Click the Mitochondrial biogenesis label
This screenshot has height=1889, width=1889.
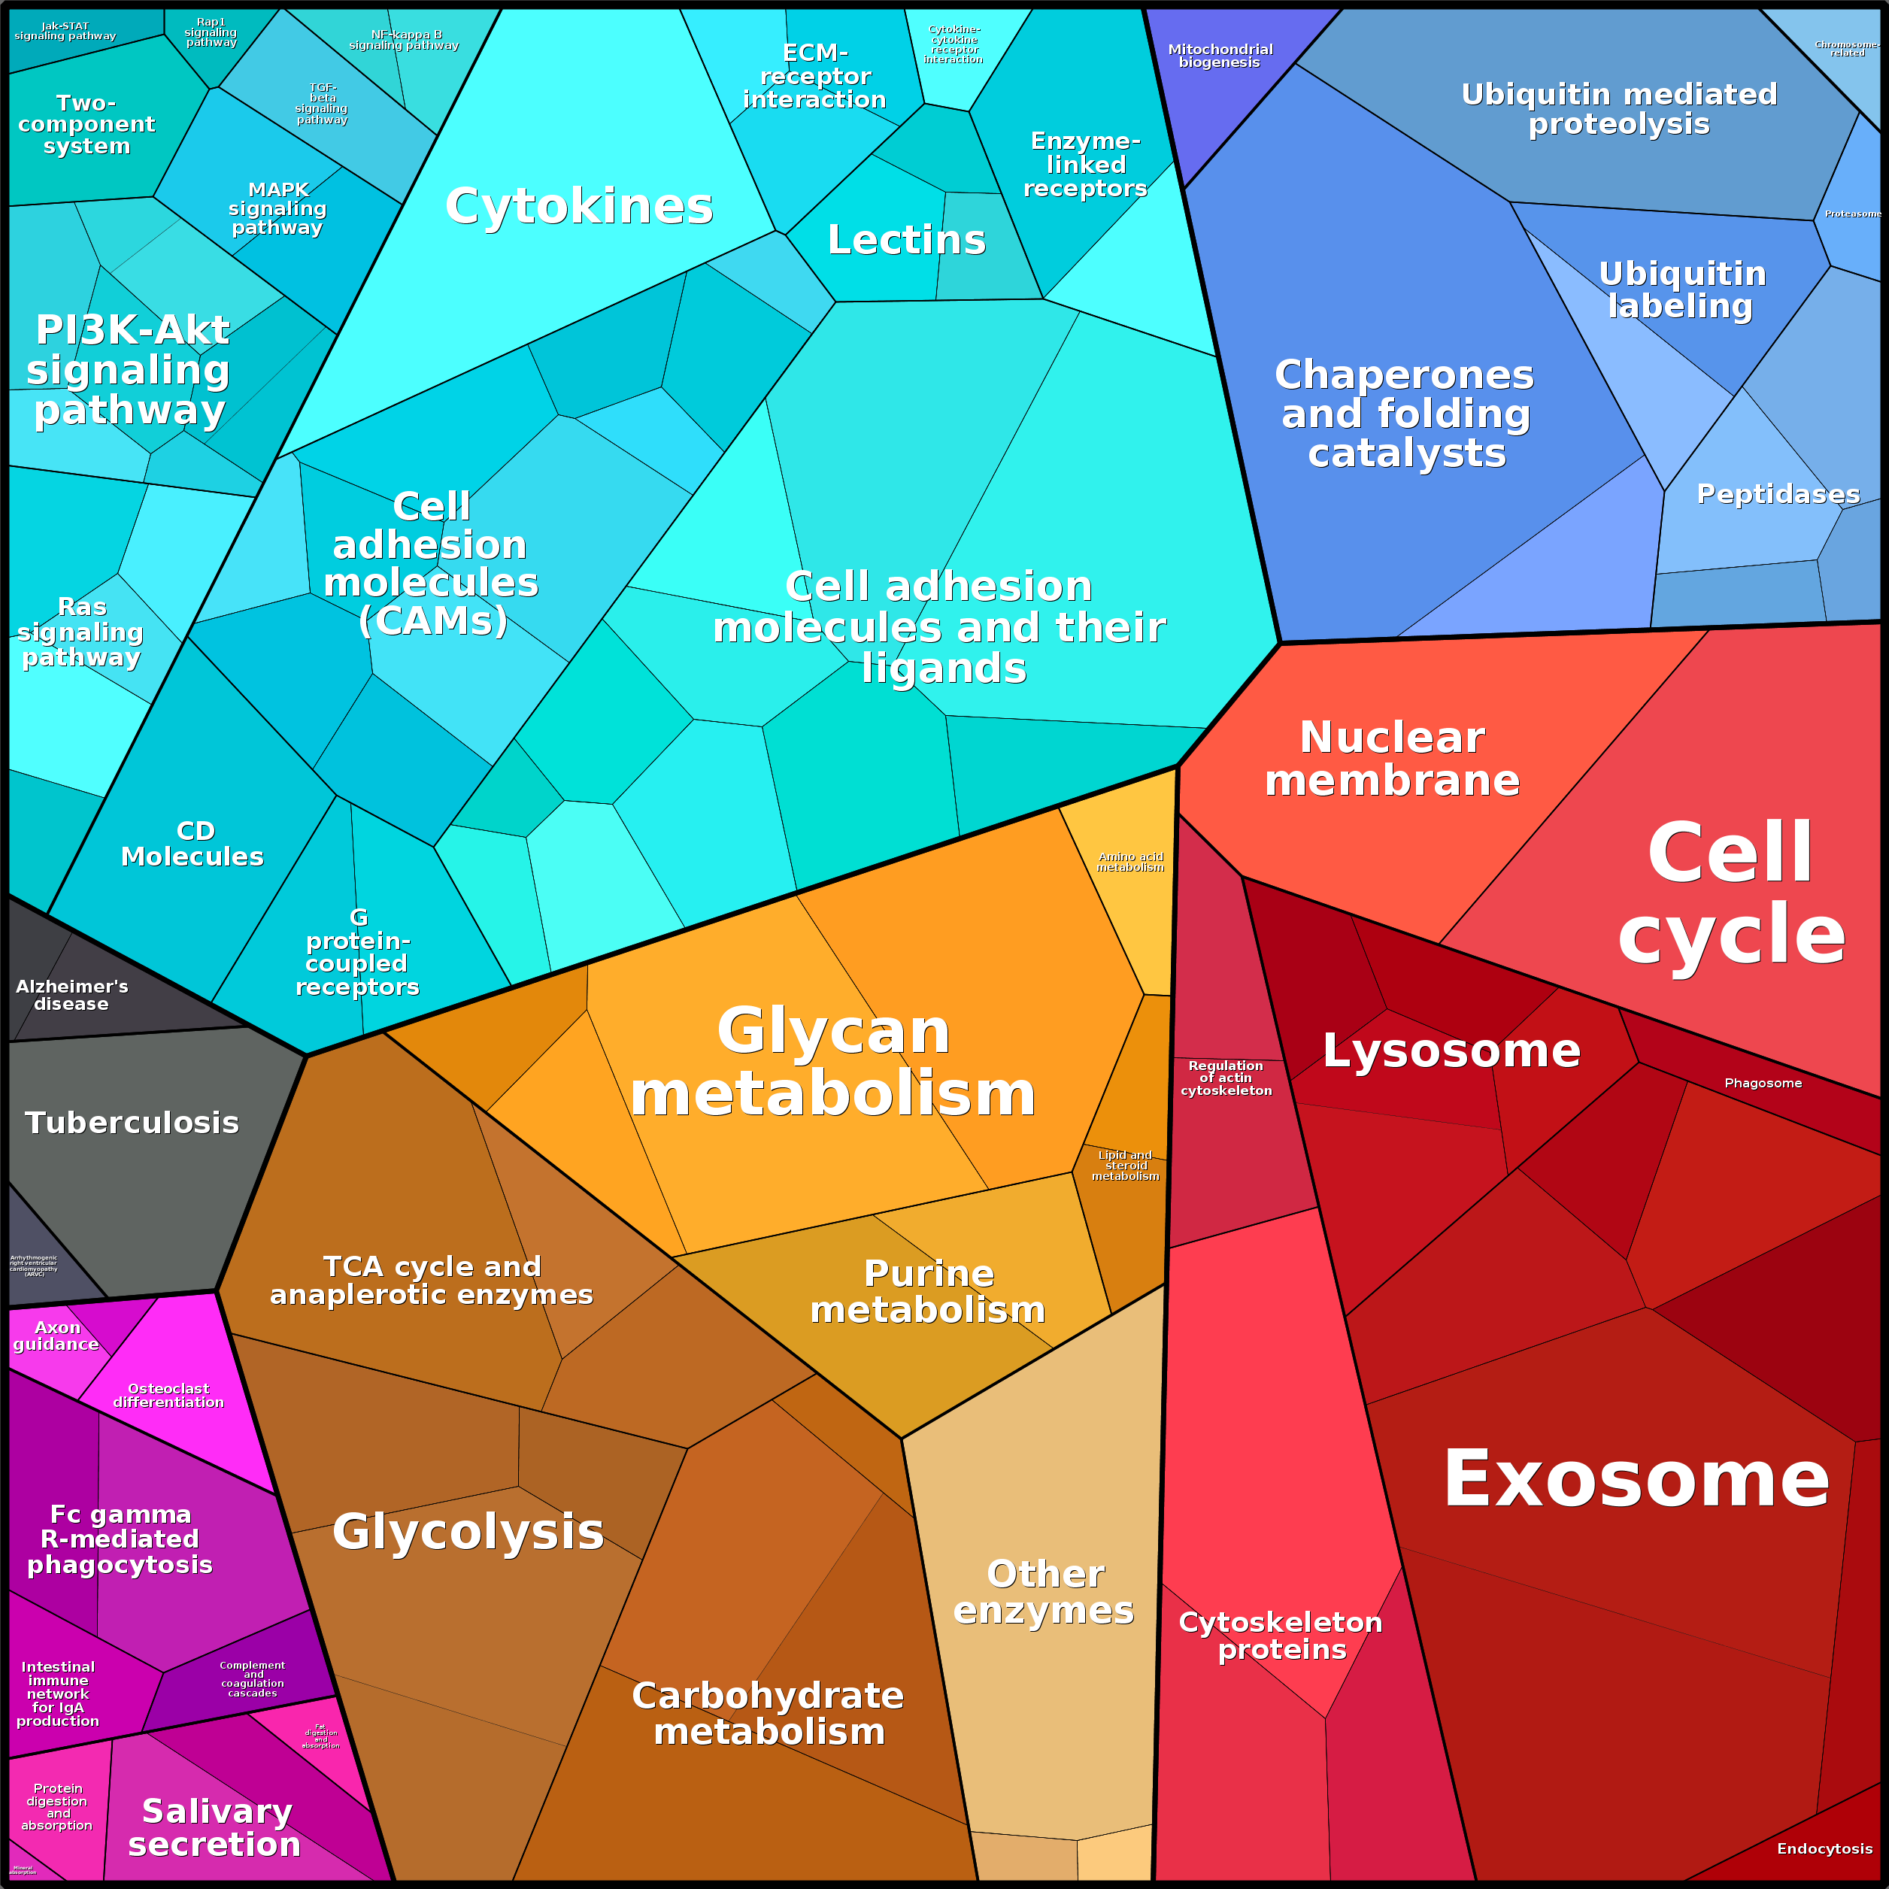1219,56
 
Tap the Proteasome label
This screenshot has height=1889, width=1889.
1852,213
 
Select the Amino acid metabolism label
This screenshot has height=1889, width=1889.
1130,861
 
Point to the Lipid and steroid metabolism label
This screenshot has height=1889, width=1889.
1126,1166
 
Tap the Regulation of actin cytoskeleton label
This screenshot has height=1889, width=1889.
1226,1078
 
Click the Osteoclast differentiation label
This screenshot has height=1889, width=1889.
168,1395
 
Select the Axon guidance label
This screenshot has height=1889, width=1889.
56,1336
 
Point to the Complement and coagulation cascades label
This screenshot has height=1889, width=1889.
252,1678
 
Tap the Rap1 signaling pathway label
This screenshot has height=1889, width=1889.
211,32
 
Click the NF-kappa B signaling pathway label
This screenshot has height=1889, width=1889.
404,40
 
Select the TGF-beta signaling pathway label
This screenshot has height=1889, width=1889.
323,104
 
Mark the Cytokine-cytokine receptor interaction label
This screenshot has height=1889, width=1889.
954,44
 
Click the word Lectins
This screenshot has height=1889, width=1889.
906,240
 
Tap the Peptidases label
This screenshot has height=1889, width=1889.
1778,494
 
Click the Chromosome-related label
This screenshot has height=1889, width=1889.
1847,48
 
